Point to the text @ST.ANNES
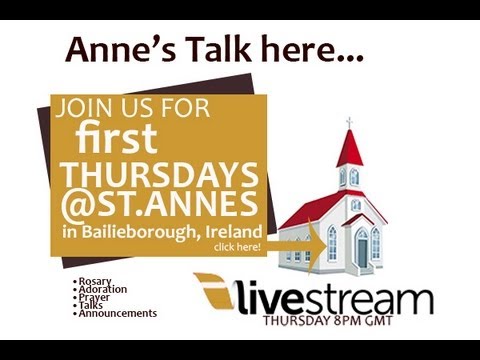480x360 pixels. [x=159, y=206]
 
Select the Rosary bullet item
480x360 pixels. [x=95, y=282]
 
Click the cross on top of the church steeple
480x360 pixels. [x=349, y=123]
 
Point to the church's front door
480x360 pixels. [x=361, y=250]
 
